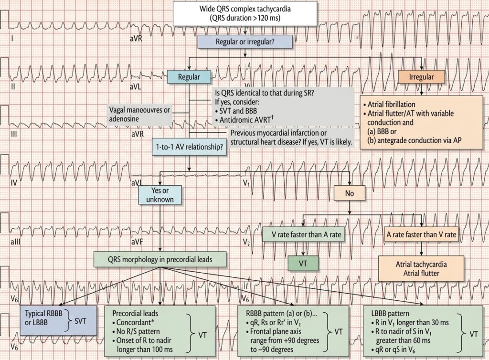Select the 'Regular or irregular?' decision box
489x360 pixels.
point(245,42)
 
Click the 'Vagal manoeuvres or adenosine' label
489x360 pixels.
point(139,114)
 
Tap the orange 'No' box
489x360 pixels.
point(349,192)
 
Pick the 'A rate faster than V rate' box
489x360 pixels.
point(421,234)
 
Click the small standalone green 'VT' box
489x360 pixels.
point(302,263)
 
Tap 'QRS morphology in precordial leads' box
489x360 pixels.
point(159,260)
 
